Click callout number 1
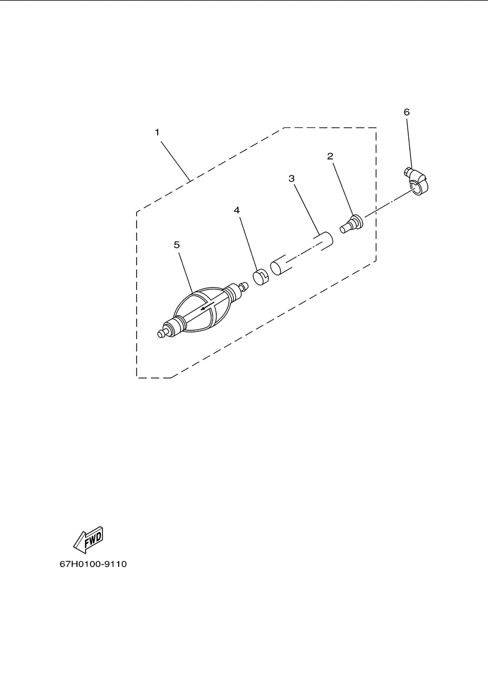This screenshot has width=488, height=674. tap(157, 132)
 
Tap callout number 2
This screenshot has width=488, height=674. tap(330, 156)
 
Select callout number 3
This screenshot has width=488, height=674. tap(292, 178)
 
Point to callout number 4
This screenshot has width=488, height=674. tap(237, 210)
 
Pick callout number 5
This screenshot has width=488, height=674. tap(177, 245)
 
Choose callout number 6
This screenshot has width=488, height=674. tap(407, 112)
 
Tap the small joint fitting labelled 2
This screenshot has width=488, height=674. tap(352, 224)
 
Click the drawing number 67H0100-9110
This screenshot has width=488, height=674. tap(93, 564)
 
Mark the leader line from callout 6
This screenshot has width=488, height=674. tap(409, 144)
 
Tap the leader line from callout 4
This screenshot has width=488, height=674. tap(248, 242)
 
